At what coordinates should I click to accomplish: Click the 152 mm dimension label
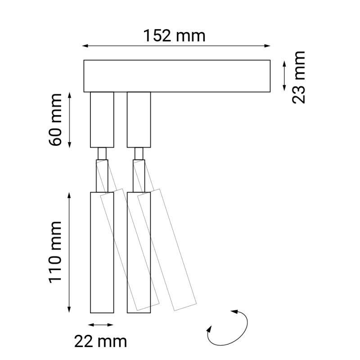tap(174, 36)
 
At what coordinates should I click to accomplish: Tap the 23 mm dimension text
tap(298, 77)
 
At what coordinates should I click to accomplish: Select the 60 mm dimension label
tap(56, 120)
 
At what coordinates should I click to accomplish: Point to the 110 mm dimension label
tap(56, 252)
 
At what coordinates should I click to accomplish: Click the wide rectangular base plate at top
tap(177, 76)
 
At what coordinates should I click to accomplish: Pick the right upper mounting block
tap(139, 120)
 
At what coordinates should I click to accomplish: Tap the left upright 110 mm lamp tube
tap(102, 252)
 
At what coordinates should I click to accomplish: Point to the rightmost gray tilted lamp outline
tap(167, 250)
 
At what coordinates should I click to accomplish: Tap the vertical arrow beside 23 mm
tap(284, 76)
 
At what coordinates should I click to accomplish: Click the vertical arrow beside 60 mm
tap(70, 120)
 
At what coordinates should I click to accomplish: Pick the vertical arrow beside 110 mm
tap(70, 252)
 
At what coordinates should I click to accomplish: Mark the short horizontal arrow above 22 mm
tap(101, 324)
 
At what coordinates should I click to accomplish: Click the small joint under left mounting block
tap(102, 153)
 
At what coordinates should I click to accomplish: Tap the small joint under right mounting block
tap(139, 153)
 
